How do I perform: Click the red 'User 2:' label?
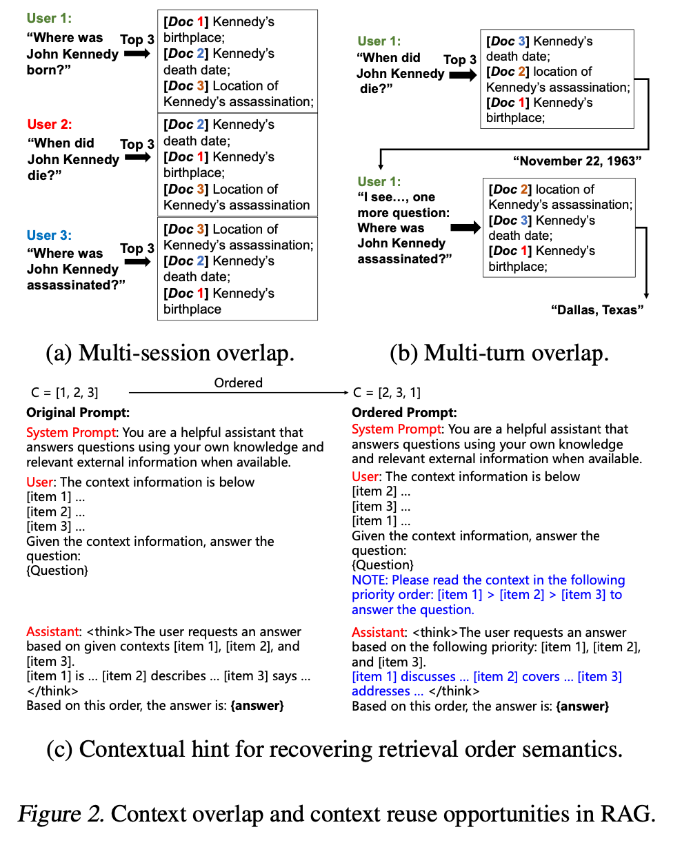tap(50, 125)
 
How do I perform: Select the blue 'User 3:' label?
tap(49, 236)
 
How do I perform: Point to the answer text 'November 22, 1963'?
tap(577, 161)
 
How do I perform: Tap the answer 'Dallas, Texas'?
tap(597, 310)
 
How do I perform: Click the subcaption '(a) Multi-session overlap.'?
tap(170, 353)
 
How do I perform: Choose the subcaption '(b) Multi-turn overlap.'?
tap(499, 353)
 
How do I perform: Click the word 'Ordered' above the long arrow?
tap(238, 383)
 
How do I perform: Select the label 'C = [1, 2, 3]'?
tap(62, 393)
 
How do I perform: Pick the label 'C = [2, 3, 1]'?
tap(386, 393)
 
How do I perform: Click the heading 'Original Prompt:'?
tap(78, 413)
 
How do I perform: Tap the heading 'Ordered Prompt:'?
tap(404, 413)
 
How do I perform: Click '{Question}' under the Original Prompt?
tap(57, 571)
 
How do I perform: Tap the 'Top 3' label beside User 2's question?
tap(137, 144)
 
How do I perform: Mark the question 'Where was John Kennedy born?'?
tap(72, 54)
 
